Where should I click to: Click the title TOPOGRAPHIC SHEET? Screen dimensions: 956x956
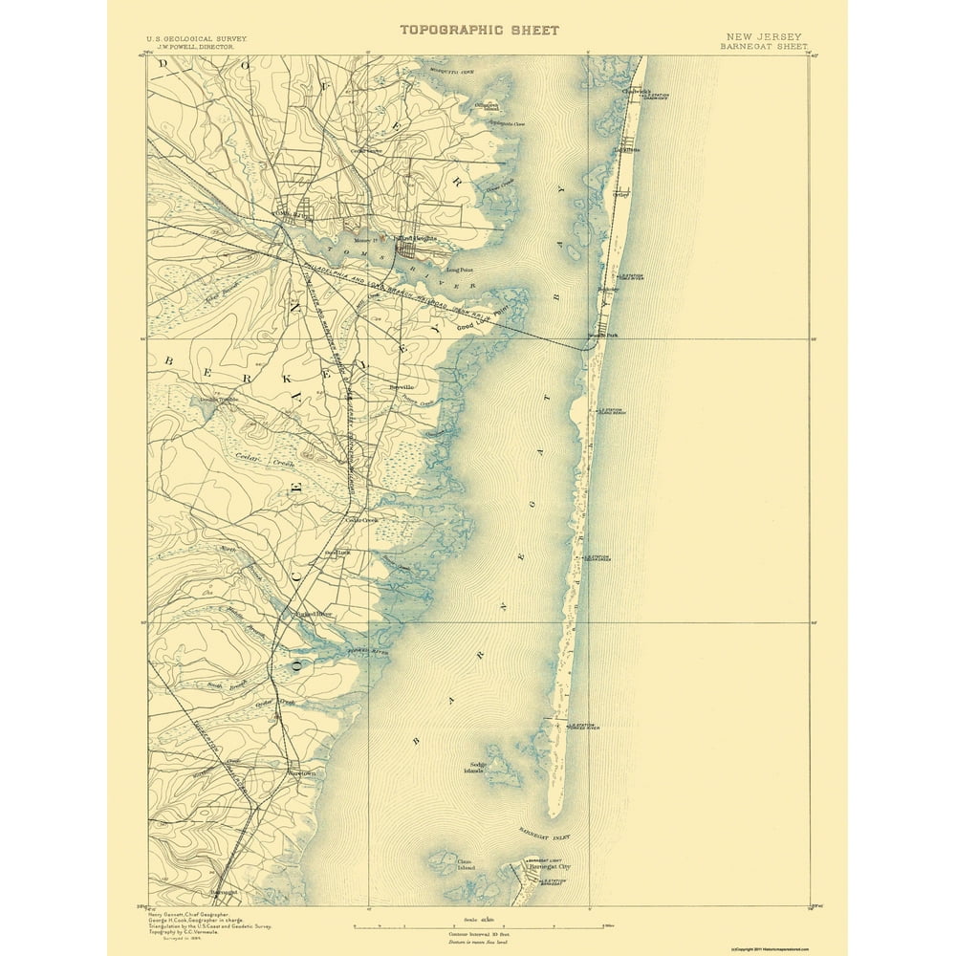(x=479, y=30)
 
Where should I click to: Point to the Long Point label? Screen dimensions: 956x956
(x=461, y=271)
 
